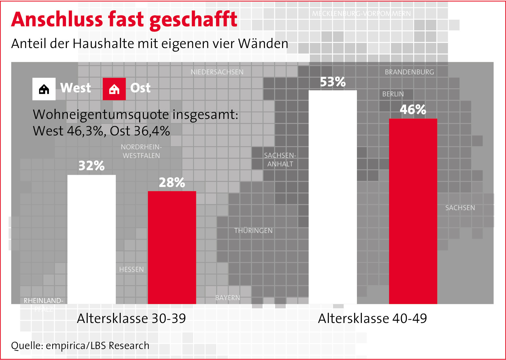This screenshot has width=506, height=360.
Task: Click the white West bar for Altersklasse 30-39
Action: pyautogui.click(x=91, y=239)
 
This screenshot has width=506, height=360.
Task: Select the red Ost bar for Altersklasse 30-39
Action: pyautogui.click(x=172, y=247)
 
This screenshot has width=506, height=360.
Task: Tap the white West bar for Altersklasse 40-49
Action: pyautogui.click(x=333, y=197)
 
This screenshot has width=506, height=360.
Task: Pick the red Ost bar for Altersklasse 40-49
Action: pyautogui.click(x=413, y=211)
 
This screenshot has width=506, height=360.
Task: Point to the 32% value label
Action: pyautogui.click(x=91, y=166)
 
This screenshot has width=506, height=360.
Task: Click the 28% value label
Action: pyautogui.click(x=172, y=183)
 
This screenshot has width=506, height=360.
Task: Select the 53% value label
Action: pyautogui.click(x=333, y=82)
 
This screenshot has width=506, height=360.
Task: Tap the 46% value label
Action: pyautogui.click(x=413, y=110)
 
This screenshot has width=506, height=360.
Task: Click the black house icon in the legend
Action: pyautogui.click(x=44, y=89)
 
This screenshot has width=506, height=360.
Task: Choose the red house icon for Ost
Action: pyautogui.click(x=114, y=89)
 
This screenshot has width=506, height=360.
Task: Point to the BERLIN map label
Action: pyautogui.click(x=393, y=94)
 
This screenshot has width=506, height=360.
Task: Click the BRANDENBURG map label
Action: pyautogui.click(x=409, y=72)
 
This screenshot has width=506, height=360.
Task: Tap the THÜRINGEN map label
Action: pyautogui.click(x=253, y=231)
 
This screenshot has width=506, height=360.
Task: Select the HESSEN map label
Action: pyautogui.click(x=131, y=269)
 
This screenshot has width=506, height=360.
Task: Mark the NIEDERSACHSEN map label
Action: pyautogui.click(x=217, y=72)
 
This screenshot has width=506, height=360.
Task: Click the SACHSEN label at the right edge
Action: pyautogui.click(x=460, y=208)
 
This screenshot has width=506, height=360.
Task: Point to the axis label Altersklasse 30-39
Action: pyautogui.click(x=131, y=318)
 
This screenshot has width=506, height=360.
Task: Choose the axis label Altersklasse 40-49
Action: pyautogui.click(x=373, y=318)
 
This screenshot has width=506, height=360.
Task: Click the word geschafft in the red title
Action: pyautogui.click(x=193, y=20)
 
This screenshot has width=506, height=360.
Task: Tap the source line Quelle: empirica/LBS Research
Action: pyautogui.click(x=80, y=346)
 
